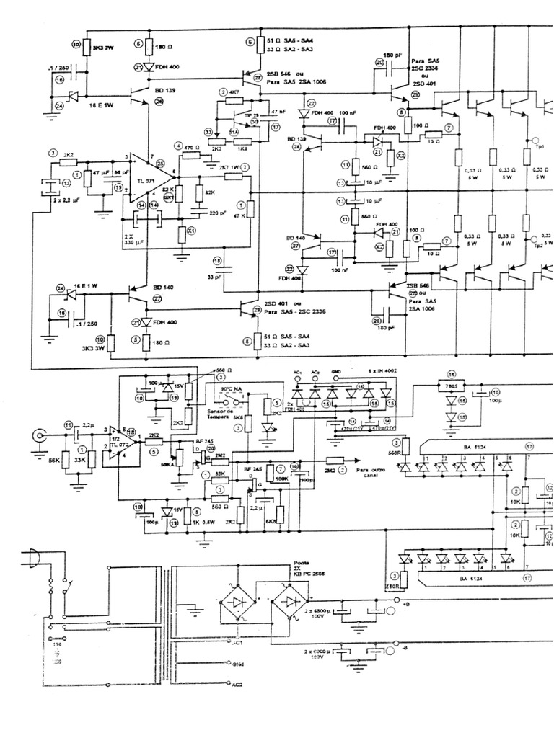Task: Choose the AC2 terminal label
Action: tap(236, 685)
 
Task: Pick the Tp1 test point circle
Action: tap(535, 141)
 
